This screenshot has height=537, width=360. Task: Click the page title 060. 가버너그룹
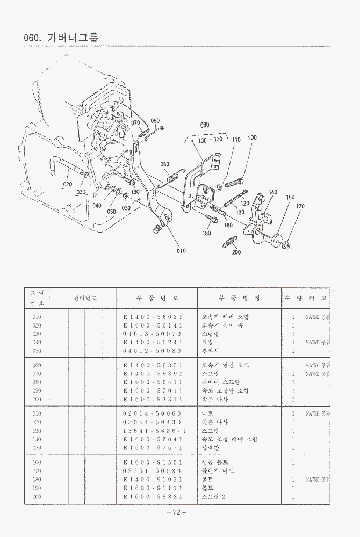61,38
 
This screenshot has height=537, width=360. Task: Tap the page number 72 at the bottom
176,512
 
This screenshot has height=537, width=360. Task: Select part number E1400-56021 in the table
153,317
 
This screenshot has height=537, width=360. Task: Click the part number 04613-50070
153,334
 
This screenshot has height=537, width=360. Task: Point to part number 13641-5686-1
153,431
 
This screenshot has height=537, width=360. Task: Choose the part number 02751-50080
153,471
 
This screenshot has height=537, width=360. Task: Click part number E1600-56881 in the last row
153,497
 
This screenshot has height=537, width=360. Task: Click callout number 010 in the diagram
182,250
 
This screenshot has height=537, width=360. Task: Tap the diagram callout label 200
236,252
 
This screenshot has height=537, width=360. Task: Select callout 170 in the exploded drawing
300,206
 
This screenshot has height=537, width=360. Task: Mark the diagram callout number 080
165,164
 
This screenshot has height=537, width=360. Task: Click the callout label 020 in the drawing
67,184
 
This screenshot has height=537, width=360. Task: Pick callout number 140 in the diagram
273,192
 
